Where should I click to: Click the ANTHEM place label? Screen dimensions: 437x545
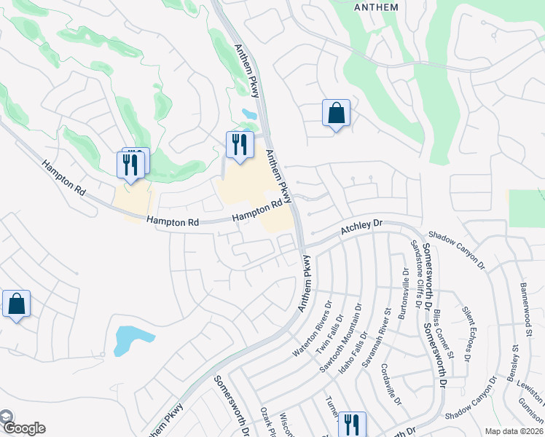[x=375, y=7]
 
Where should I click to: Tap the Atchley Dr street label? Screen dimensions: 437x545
[x=361, y=231]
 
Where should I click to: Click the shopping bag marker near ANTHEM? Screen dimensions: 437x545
[x=336, y=114]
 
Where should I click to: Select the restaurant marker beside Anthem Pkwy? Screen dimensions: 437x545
[x=238, y=144]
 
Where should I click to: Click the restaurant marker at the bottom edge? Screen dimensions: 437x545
[x=352, y=425]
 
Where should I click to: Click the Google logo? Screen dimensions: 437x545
[x=23, y=428]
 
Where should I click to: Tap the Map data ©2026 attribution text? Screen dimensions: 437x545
[x=513, y=431]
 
